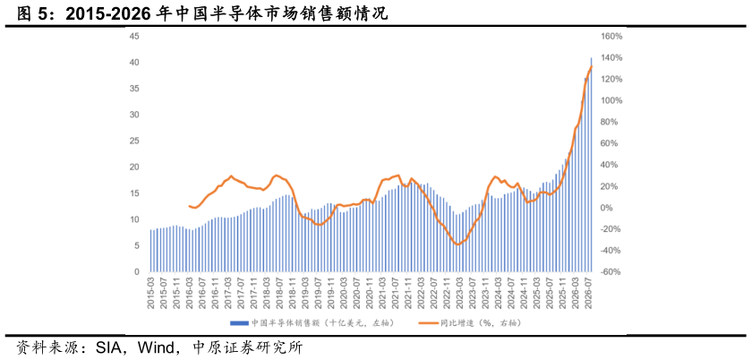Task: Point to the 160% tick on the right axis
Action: click(x=611, y=37)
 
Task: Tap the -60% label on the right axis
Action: click(x=611, y=272)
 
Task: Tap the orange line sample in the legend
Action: click(x=426, y=322)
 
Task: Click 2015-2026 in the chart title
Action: click(x=107, y=14)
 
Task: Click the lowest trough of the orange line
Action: click(x=457, y=244)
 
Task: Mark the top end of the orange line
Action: click(x=592, y=66)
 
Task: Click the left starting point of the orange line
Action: click(x=189, y=206)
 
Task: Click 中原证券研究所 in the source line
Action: click(x=247, y=347)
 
